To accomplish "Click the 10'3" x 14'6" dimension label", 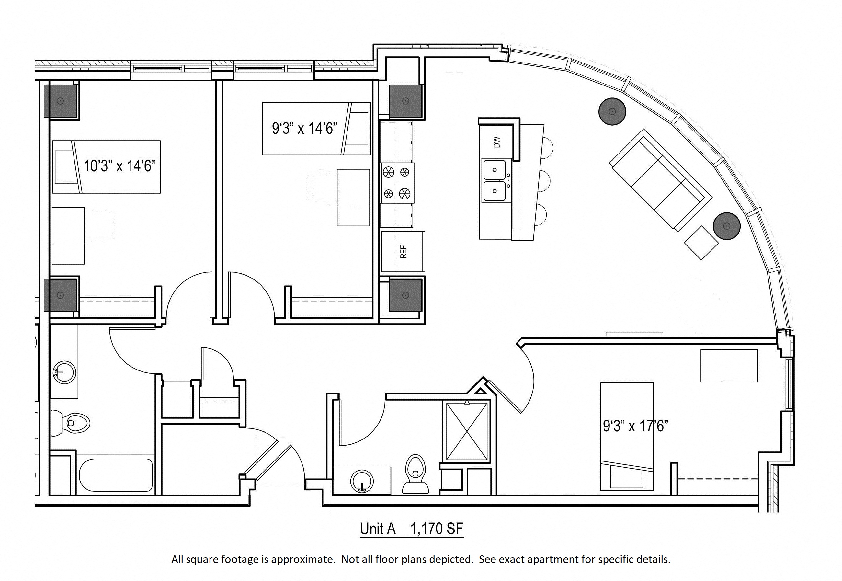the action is (120, 166).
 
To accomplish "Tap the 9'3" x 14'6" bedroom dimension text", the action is (304, 129).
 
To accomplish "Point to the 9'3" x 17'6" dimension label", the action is (635, 426).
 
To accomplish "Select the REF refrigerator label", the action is (403, 252).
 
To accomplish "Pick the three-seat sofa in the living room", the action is (661, 180).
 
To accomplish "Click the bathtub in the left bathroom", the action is (115, 475).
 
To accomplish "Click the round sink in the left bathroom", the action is (64, 372).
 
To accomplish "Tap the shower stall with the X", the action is (467, 431).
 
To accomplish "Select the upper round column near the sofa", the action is (612, 111).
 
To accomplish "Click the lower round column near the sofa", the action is (727, 226).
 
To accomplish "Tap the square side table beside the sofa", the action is (701, 243).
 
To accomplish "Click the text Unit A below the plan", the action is (378, 529).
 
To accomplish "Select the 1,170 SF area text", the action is (437, 529).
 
